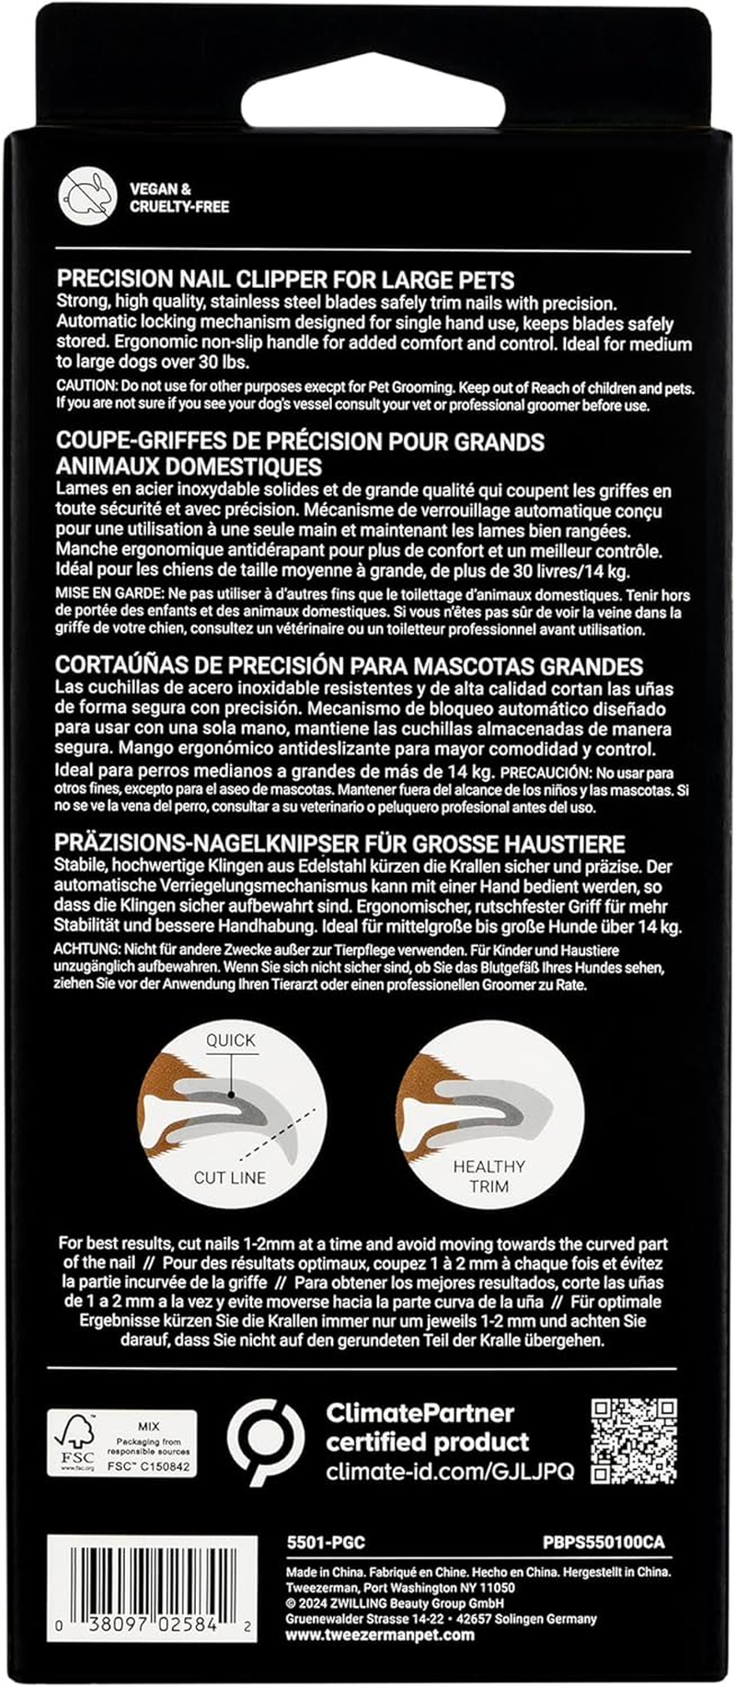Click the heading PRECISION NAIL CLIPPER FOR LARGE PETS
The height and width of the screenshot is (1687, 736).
coord(285,279)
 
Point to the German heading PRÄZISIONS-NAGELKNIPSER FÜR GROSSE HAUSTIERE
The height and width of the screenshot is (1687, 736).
coord(353,843)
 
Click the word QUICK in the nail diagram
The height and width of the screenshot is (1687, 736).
coord(231,1040)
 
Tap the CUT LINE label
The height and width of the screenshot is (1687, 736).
coord(230,1177)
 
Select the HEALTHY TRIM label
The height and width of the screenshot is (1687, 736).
coord(489,1176)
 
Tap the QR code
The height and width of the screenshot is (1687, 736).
coord(634,1441)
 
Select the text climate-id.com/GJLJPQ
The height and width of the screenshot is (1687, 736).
coord(449,1471)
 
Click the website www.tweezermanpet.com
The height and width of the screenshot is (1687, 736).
coord(380,1635)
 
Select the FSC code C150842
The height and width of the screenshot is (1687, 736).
coord(154,1466)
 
